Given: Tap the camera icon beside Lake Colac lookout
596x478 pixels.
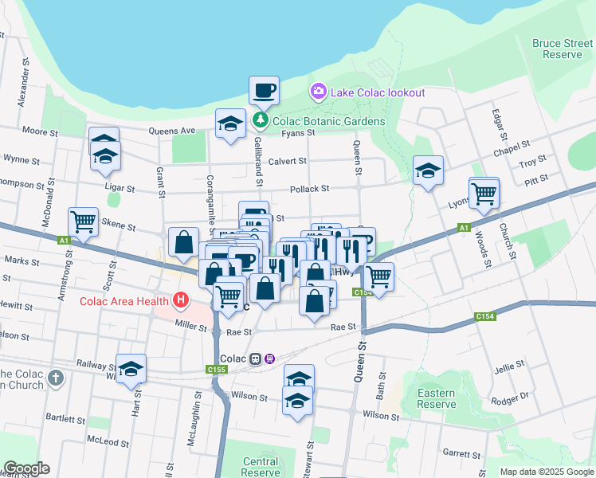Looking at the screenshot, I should pos(319,92).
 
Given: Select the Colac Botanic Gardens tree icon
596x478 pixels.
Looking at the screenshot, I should pos(261,121).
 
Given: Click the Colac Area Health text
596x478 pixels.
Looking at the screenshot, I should pos(124,300).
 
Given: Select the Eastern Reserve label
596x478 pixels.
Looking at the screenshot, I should pos(437,398).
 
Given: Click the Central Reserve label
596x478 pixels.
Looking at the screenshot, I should pos(261,467).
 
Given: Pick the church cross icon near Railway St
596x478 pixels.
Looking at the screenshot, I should pos(55,377).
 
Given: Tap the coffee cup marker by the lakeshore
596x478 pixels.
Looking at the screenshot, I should pos(264,91).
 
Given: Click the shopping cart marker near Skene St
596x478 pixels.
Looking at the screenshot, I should pos(83,221).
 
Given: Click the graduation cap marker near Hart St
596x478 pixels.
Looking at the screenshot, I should pos(131,369).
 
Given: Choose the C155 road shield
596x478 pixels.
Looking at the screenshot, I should pos(215,369).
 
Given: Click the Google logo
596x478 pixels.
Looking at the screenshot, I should pos(26,469).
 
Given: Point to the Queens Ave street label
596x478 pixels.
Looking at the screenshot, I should pos(176,131).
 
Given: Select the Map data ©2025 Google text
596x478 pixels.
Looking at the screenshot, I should pos(547,472).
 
